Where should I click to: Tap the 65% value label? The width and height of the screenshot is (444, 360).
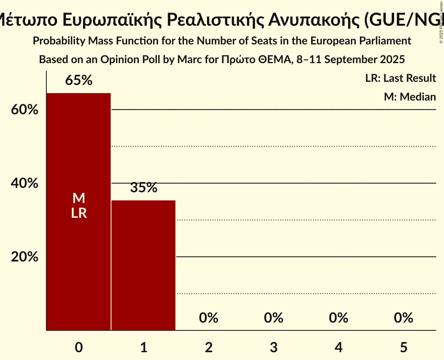[x=79, y=80]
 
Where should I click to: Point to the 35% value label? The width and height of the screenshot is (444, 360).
[x=143, y=188]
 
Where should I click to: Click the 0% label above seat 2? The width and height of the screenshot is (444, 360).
[x=209, y=318]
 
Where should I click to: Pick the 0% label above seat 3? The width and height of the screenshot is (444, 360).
[x=274, y=318]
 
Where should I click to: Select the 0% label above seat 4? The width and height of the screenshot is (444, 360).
[x=338, y=318]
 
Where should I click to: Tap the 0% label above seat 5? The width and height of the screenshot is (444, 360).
[x=403, y=318]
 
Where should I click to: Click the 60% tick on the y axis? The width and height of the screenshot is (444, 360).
[x=25, y=110]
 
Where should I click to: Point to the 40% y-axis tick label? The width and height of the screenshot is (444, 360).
[x=25, y=183]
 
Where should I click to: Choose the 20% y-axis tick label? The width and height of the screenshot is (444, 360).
[x=25, y=257]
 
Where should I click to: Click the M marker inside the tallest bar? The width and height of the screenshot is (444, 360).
[x=79, y=198]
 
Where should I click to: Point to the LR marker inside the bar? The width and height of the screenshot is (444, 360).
[x=79, y=213]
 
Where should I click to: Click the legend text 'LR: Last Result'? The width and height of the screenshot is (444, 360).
[x=400, y=78]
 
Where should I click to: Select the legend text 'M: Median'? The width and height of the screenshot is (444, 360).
[x=410, y=97]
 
